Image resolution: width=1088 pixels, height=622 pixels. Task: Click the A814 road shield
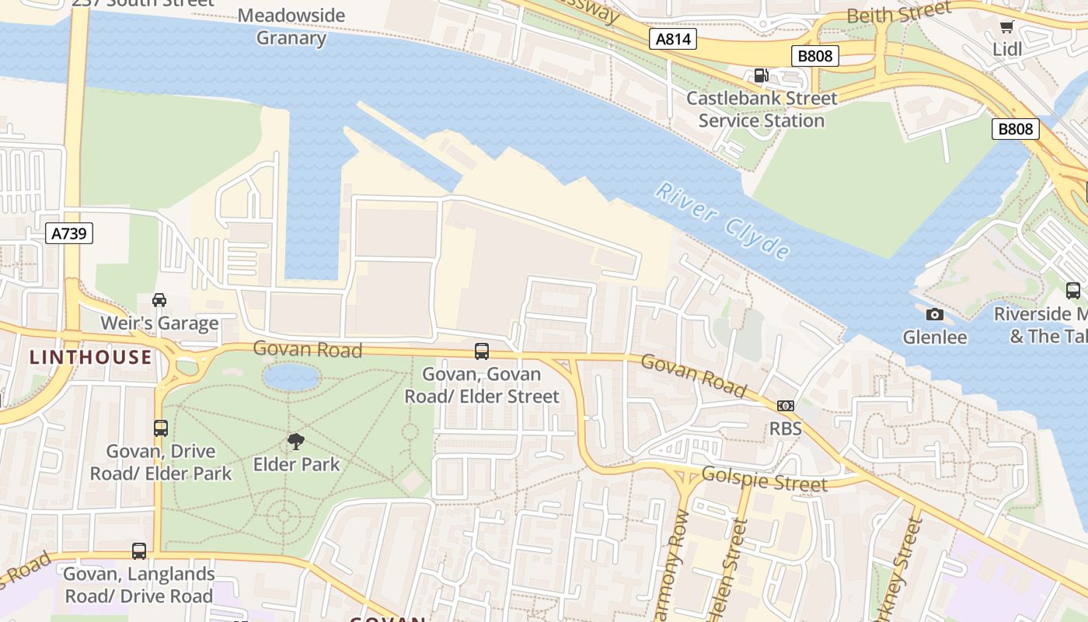pyautogui.click(x=672, y=39)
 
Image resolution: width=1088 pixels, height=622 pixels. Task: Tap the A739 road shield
pyautogui.click(x=68, y=232)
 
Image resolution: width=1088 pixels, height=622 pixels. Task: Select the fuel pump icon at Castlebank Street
pyautogui.click(x=761, y=75)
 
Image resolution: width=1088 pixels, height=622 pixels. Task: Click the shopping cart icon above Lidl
pyautogui.click(x=1006, y=27)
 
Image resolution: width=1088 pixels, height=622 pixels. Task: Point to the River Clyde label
pyautogui.click(x=723, y=221)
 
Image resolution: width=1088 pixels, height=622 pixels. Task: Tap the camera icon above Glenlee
pyautogui.click(x=935, y=314)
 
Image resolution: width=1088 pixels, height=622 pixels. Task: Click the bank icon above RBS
pyautogui.click(x=786, y=406)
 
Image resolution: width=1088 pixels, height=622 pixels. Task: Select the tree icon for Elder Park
pyautogui.click(x=296, y=442)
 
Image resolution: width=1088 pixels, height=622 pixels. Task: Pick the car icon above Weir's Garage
pyautogui.click(x=159, y=300)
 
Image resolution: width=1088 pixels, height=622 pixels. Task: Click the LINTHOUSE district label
pyautogui.click(x=91, y=358)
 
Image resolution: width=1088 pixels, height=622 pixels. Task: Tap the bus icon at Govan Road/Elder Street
pyautogui.click(x=482, y=351)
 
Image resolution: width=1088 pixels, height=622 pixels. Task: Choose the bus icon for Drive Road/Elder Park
pyautogui.click(x=161, y=428)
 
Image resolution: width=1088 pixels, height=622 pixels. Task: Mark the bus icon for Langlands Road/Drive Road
pyautogui.click(x=139, y=551)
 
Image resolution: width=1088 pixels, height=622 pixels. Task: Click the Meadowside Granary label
pyautogui.click(x=291, y=26)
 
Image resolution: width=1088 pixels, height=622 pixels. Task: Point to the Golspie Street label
pyautogui.click(x=764, y=479)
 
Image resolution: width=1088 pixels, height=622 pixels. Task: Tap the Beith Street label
pyautogui.click(x=898, y=13)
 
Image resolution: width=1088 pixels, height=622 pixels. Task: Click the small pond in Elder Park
pyautogui.click(x=291, y=378)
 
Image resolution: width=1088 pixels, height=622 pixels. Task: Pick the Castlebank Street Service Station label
pyautogui.click(x=762, y=110)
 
